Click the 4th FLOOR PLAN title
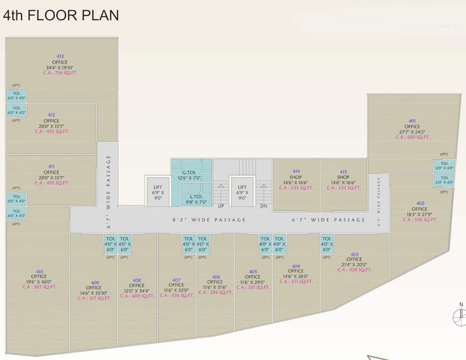click(61, 15)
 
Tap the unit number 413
click(60, 57)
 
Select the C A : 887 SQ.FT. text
click(39, 287)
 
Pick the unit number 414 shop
click(296, 172)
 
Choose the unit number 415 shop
click(343, 172)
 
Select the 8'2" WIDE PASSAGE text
click(209, 220)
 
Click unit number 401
click(412, 121)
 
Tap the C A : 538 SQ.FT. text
click(420, 219)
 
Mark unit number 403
click(355, 255)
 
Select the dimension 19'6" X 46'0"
click(39, 282)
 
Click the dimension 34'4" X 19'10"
click(60, 67)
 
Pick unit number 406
click(216, 277)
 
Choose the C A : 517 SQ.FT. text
click(95, 298)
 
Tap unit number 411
click(51, 166)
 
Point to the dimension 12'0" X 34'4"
click(137, 291)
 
